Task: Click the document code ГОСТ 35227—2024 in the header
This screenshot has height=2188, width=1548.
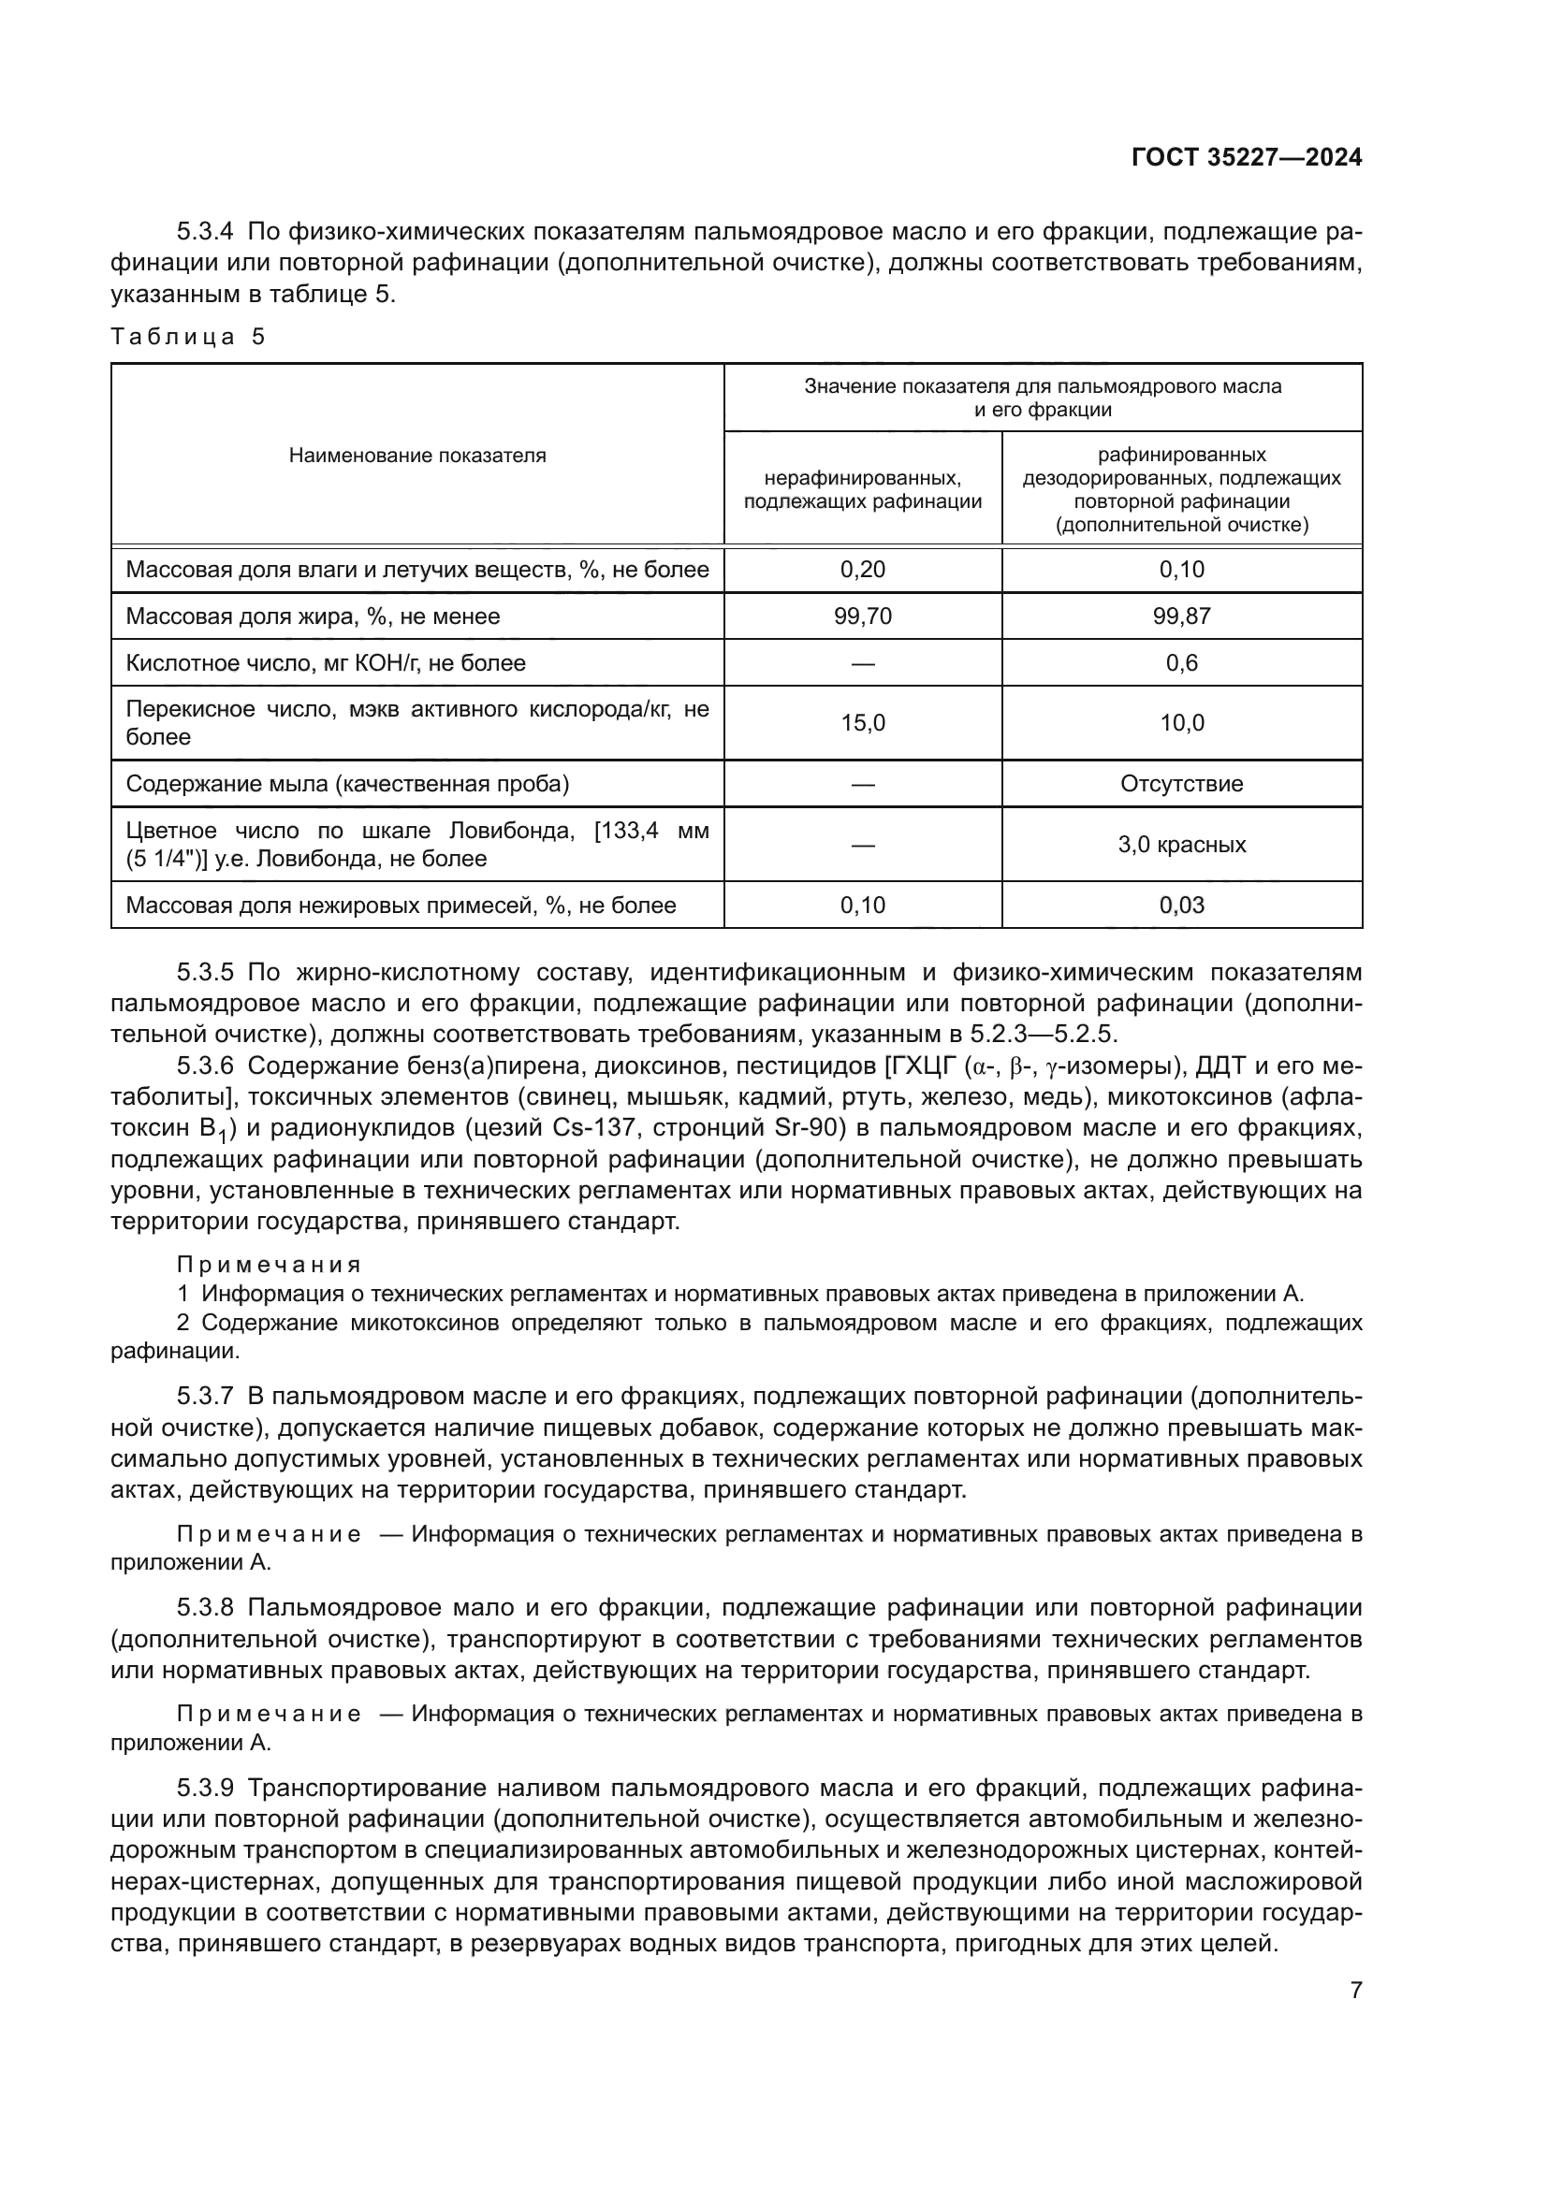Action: [x=1246, y=158]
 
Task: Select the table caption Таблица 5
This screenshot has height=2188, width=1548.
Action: [x=188, y=337]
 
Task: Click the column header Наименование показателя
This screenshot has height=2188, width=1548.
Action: [x=417, y=456]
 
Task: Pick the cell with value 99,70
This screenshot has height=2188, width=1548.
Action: [x=862, y=616]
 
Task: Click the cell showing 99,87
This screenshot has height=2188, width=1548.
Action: [x=1181, y=616]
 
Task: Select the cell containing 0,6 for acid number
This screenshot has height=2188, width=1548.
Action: [x=1181, y=662]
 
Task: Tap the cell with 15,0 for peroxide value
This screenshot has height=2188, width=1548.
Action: [x=862, y=722]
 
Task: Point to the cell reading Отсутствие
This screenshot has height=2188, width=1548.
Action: [x=1181, y=783]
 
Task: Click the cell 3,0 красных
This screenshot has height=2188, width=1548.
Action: [x=1181, y=845]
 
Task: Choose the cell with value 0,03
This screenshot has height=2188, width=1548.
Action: [x=1181, y=905]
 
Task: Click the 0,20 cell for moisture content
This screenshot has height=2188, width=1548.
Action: [x=862, y=570]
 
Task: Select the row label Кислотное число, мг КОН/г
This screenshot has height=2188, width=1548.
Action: [x=325, y=662]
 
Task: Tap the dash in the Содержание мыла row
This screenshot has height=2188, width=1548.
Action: [x=862, y=783]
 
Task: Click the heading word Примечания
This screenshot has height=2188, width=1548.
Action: [x=269, y=1265]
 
